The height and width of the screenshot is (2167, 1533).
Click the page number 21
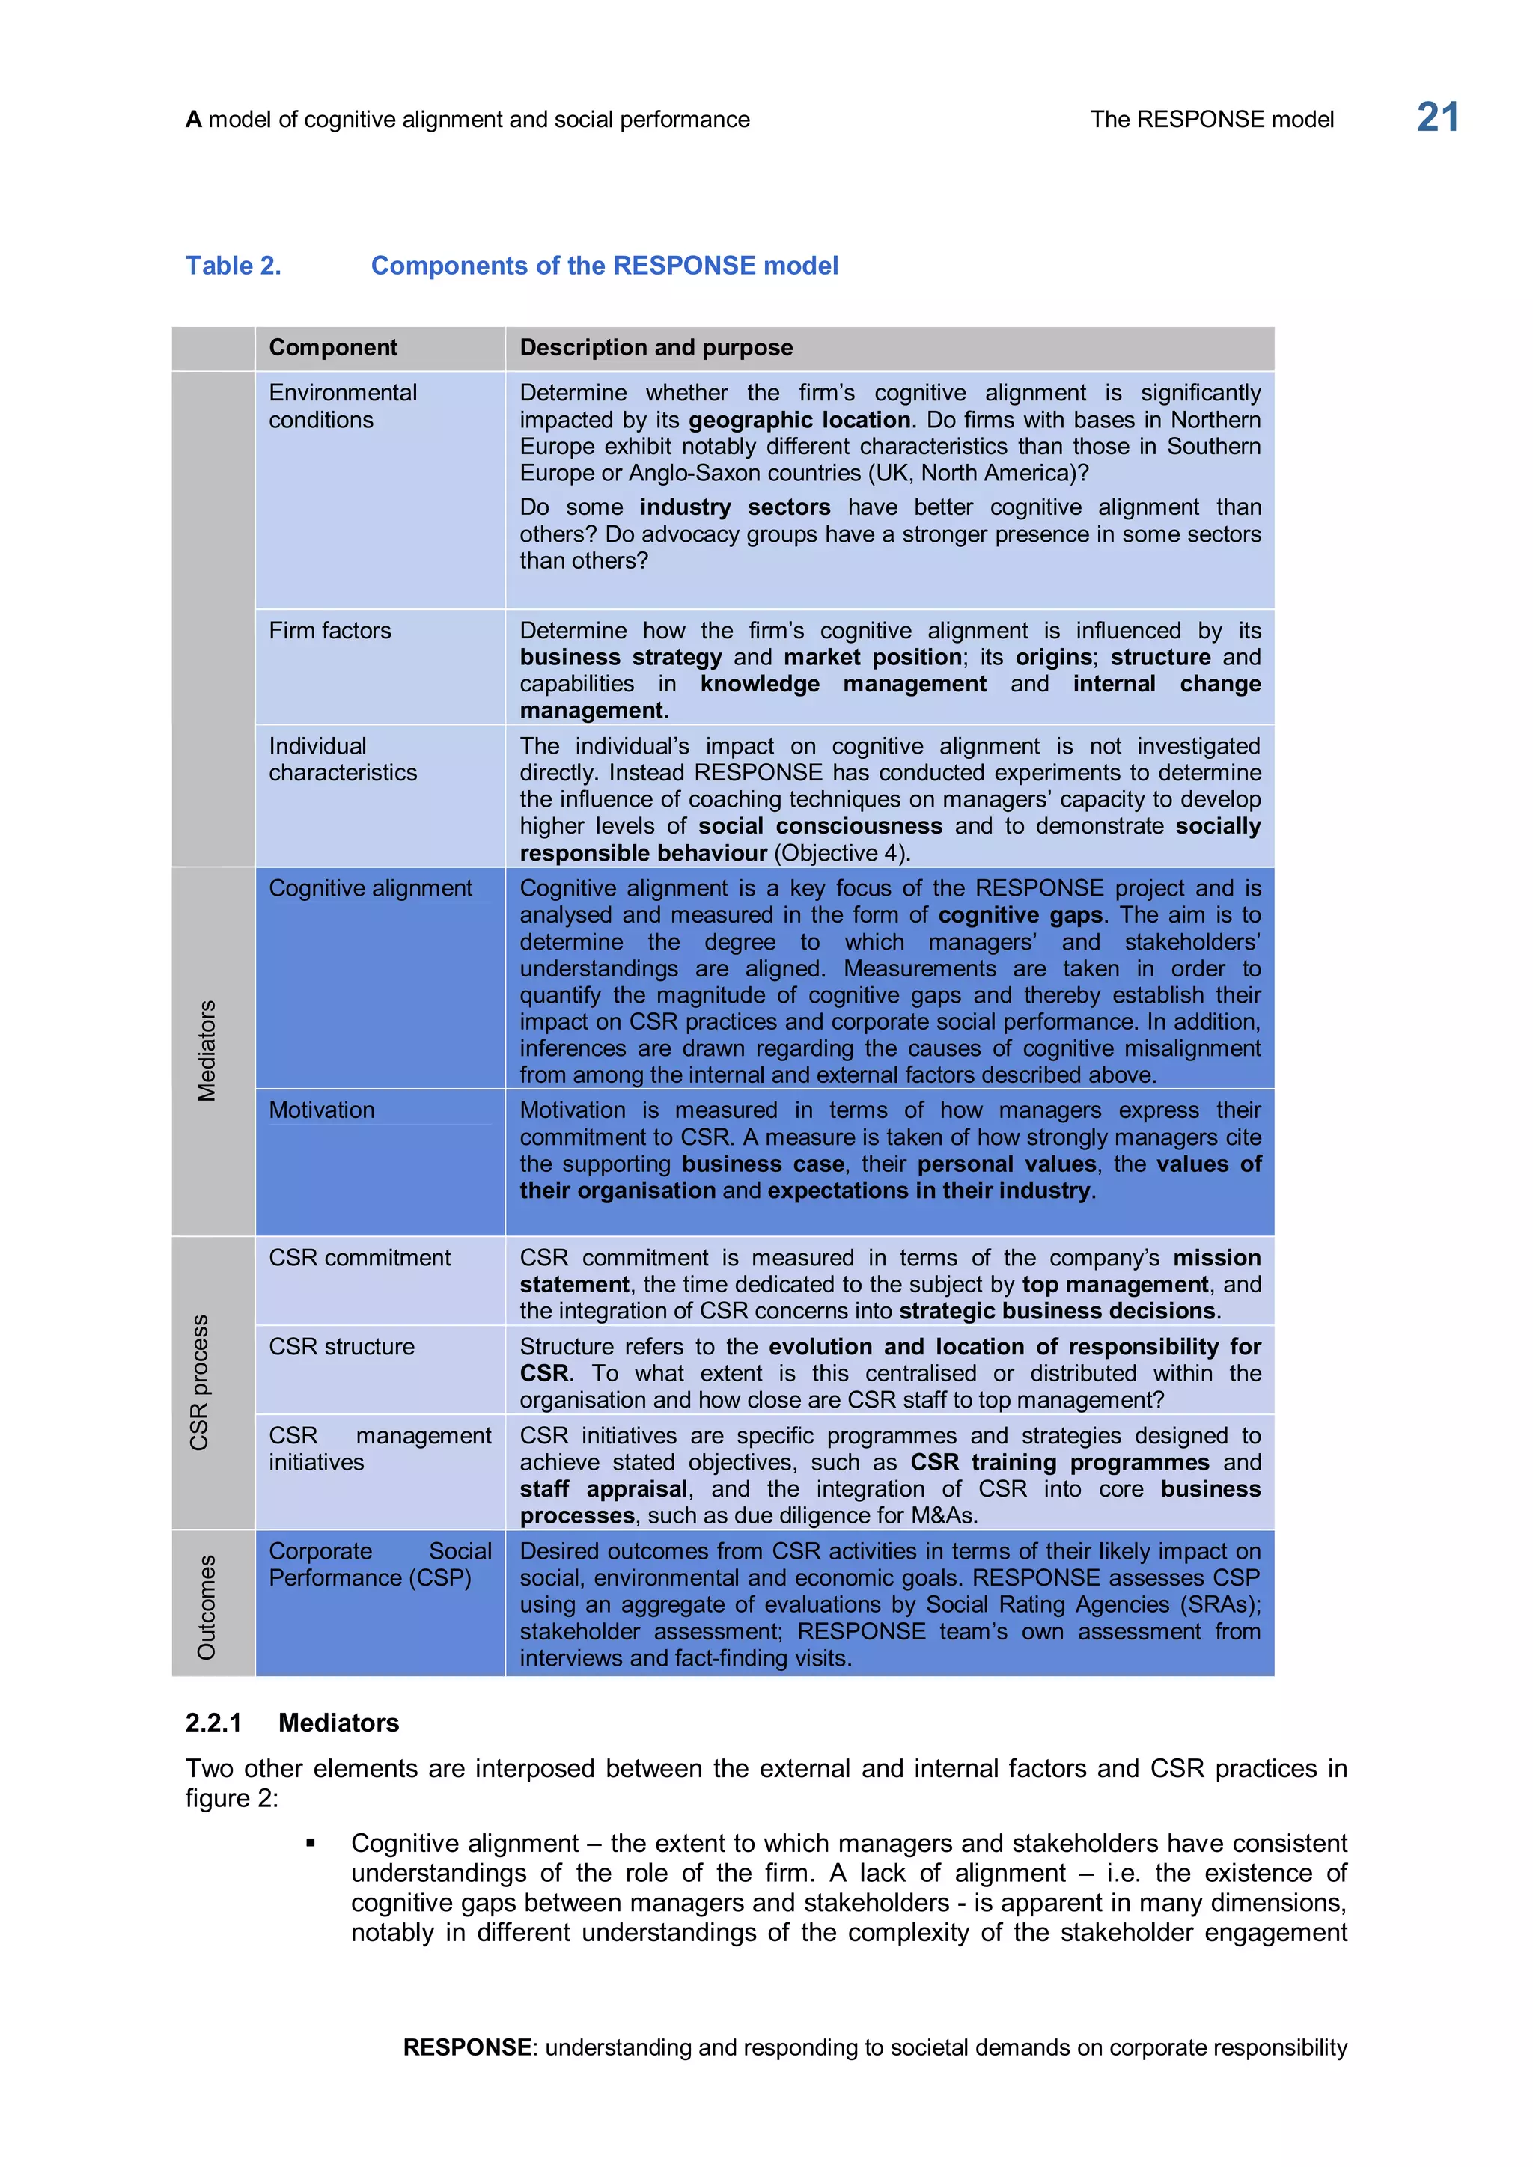pos(1436,118)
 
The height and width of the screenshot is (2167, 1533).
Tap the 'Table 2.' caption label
pos(233,266)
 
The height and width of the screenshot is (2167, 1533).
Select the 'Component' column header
pos(332,347)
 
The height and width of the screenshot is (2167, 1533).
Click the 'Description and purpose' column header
pos(656,347)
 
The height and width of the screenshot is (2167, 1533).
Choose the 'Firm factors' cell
pos(329,631)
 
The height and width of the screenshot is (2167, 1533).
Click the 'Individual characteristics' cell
pos(342,759)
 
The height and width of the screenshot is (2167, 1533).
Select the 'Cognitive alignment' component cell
pos(370,888)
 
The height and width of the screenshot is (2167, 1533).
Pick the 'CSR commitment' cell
pos(359,1257)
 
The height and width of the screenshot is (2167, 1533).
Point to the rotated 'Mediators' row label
pos(207,1051)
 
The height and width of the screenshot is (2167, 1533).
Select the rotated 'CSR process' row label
pos(199,1382)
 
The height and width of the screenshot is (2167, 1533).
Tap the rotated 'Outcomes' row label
pos(207,1607)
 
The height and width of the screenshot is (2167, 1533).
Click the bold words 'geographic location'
pos(799,420)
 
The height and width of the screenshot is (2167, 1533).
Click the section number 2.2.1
pos(213,1723)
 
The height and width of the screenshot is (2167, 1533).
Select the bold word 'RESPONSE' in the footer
pos(466,2047)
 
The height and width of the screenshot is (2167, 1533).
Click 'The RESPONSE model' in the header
pos(1211,120)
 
